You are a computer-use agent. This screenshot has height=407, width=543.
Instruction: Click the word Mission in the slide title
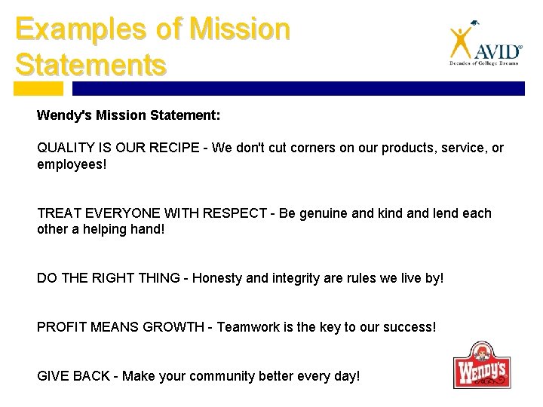click(x=241, y=29)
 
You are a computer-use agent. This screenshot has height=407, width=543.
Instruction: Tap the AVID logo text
click(x=497, y=52)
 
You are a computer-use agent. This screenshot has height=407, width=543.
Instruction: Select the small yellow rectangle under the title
click(x=38, y=88)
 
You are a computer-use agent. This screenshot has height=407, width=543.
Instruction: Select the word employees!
click(x=72, y=163)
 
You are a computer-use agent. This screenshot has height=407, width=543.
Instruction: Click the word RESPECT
click(x=238, y=213)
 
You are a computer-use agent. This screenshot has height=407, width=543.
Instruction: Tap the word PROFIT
click(x=62, y=327)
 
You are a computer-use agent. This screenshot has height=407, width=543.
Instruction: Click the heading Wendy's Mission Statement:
click(x=129, y=116)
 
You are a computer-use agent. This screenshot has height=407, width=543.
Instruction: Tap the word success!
click(x=409, y=327)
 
